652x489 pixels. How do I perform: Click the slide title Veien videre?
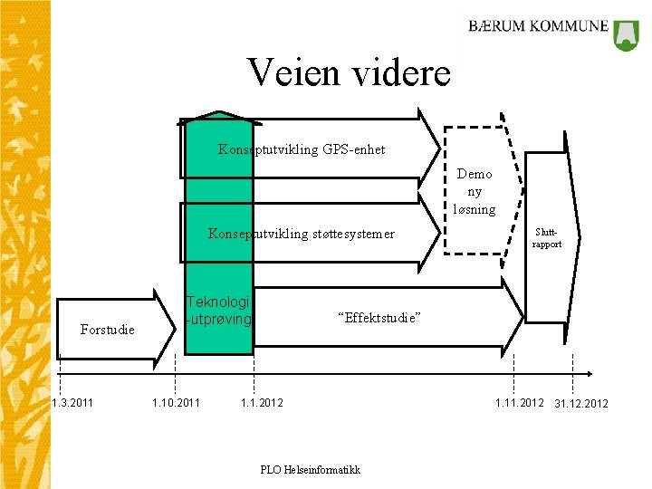click(x=349, y=72)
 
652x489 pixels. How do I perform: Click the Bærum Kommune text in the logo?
click(x=538, y=26)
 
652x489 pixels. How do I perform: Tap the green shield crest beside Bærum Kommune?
click(x=627, y=34)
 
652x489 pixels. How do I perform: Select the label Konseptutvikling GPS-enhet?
click(x=302, y=149)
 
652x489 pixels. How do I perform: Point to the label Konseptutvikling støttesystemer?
click(x=302, y=234)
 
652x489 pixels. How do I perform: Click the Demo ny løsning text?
click(x=475, y=191)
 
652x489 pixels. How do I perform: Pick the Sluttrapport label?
click(x=547, y=238)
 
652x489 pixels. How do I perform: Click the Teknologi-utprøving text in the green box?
click(x=219, y=311)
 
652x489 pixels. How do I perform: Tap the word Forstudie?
click(x=107, y=330)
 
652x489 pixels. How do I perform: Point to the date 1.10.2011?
click(x=176, y=402)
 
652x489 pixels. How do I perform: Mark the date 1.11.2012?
click(x=519, y=402)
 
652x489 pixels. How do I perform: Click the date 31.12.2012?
click(x=581, y=403)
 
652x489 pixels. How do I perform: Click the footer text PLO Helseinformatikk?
click(x=310, y=469)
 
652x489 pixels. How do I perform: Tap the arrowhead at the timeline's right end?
click(x=589, y=373)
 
